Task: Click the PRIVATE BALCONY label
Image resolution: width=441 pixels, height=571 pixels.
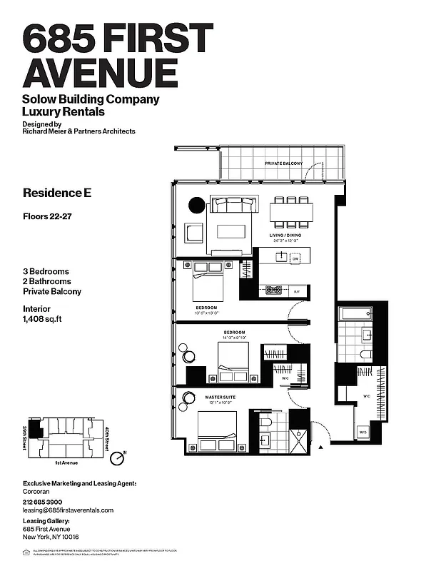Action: coord(283,163)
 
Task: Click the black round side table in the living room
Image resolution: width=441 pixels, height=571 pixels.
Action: coord(196,206)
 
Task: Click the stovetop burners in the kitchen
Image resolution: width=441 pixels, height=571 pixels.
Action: coord(274,290)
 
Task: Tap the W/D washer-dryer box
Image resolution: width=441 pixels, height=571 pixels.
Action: coord(363,433)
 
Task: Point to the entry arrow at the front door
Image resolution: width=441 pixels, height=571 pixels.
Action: coord(322,446)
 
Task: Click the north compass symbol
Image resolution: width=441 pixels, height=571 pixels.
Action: coord(123,452)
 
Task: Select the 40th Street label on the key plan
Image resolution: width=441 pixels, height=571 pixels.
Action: coord(106,437)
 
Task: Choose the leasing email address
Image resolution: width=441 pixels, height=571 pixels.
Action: coord(68,510)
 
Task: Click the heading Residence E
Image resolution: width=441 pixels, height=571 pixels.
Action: coord(57,193)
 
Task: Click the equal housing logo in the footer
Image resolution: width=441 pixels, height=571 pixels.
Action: coord(27,552)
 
